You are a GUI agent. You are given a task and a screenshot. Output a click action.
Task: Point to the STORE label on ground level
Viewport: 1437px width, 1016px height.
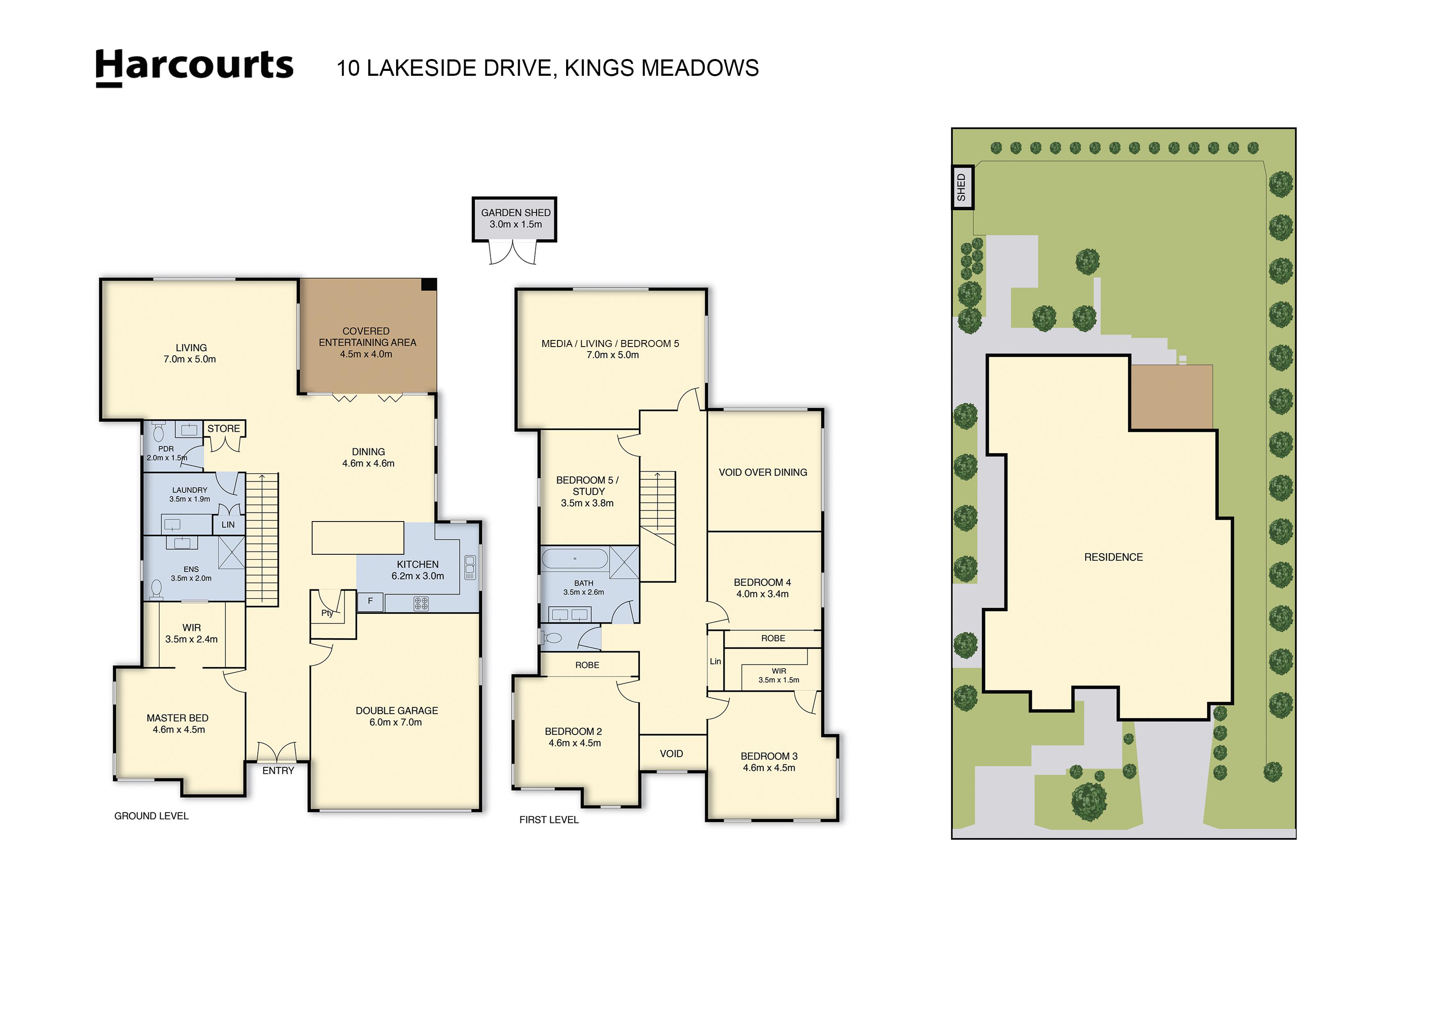(223, 429)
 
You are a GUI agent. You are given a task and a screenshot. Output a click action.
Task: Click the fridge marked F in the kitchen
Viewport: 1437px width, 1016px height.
(370, 601)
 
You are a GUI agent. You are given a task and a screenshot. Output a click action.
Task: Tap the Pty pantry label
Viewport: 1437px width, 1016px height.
(327, 613)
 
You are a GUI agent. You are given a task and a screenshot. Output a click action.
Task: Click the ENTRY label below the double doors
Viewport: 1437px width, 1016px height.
(278, 771)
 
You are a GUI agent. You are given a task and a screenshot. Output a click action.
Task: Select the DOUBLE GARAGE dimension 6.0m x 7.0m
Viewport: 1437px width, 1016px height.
(396, 722)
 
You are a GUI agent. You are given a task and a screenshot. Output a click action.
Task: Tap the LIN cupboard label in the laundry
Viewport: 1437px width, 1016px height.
(228, 524)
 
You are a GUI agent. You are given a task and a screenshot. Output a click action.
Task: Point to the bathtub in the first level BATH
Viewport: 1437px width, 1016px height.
(574, 558)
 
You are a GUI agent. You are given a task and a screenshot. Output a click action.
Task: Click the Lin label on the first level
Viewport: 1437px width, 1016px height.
(715, 661)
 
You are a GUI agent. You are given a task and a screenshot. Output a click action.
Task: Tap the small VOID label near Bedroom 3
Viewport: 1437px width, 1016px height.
(671, 754)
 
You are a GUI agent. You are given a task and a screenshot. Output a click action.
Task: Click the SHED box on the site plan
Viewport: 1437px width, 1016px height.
(962, 187)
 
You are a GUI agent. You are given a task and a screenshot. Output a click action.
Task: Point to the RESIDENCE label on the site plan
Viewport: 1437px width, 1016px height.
(1113, 557)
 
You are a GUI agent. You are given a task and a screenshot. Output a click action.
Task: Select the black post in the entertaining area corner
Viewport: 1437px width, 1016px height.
(429, 284)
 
